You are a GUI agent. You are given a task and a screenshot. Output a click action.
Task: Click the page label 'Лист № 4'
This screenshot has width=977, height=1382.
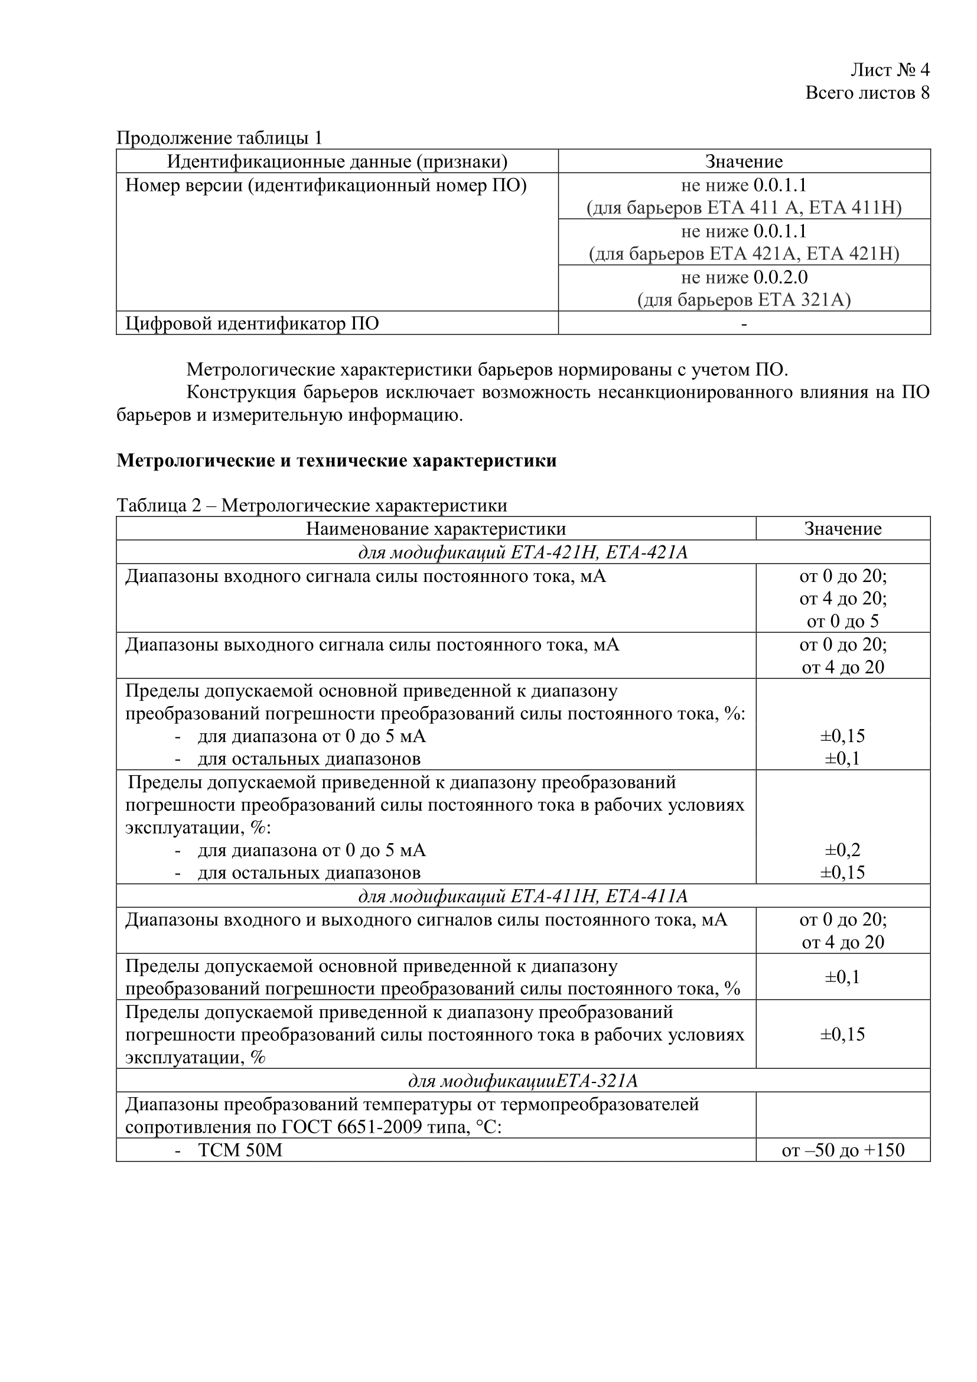[890, 70]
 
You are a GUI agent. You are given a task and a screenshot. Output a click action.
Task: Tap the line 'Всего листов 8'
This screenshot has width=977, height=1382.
[867, 93]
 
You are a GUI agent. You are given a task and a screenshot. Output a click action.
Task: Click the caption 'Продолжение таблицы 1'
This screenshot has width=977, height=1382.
[219, 138]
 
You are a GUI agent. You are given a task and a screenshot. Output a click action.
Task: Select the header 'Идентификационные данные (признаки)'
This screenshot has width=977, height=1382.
[337, 161]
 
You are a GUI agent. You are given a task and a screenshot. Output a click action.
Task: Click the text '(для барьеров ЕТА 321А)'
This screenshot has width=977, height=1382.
[744, 300]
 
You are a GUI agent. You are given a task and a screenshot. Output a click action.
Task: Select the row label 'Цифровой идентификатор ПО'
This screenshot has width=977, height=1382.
[252, 323]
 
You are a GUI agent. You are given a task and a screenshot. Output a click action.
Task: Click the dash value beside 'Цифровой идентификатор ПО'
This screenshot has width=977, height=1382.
[744, 324]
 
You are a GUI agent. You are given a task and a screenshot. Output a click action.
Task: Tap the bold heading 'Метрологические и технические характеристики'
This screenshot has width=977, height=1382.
[336, 460]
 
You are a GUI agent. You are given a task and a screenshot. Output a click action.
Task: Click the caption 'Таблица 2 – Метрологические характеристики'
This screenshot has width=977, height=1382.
[312, 505]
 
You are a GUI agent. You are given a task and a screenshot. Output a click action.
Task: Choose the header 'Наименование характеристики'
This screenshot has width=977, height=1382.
[435, 528]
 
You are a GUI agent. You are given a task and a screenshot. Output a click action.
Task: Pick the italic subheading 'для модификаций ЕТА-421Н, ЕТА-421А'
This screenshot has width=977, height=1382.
[523, 552]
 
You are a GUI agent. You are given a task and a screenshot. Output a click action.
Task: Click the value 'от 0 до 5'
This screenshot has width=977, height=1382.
[843, 621]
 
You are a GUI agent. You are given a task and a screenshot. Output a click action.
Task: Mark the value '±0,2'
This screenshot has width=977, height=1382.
[843, 850]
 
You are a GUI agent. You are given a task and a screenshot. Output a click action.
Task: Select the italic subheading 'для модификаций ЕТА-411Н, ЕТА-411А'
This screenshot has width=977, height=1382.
[523, 896]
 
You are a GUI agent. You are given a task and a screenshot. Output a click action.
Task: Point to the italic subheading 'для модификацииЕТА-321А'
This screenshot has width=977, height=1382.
[523, 1081]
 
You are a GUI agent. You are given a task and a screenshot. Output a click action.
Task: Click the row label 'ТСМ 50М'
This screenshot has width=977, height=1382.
[240, 1150]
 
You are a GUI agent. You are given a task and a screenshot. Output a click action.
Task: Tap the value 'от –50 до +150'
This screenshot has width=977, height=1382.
[843, 1150]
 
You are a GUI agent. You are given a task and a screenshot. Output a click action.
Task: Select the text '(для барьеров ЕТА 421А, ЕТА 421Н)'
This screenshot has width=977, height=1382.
[744, 254]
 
